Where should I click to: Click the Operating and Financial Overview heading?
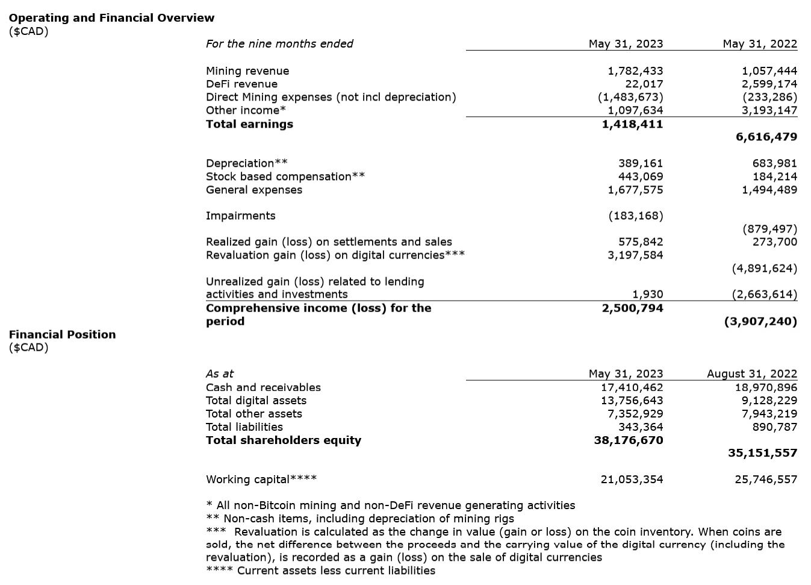pos(111,18)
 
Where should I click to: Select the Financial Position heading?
pos(62,335)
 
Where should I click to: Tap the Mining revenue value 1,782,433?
pos(635,71)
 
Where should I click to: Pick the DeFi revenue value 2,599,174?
pos(769,84)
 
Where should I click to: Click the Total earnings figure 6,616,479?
pos(766,137)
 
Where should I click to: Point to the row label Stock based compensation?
pos(285,177)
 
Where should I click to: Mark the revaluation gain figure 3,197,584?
pos(635,255)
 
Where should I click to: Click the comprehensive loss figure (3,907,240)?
pos(760,321)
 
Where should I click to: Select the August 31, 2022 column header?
pos(751,374)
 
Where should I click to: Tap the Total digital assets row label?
pos(256,401)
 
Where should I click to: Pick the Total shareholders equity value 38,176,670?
pos(629,440)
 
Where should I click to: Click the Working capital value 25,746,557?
pos(766,480)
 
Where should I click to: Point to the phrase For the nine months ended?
pos(279,44)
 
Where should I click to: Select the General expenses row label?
pos(254,190)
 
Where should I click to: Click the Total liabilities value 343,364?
pos(641,427)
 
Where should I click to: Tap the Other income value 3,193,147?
pos(769,110)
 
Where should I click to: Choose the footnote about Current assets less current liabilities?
pos(320,571)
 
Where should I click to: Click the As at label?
pos(220,374)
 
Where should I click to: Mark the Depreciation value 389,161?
pos(641,163)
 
